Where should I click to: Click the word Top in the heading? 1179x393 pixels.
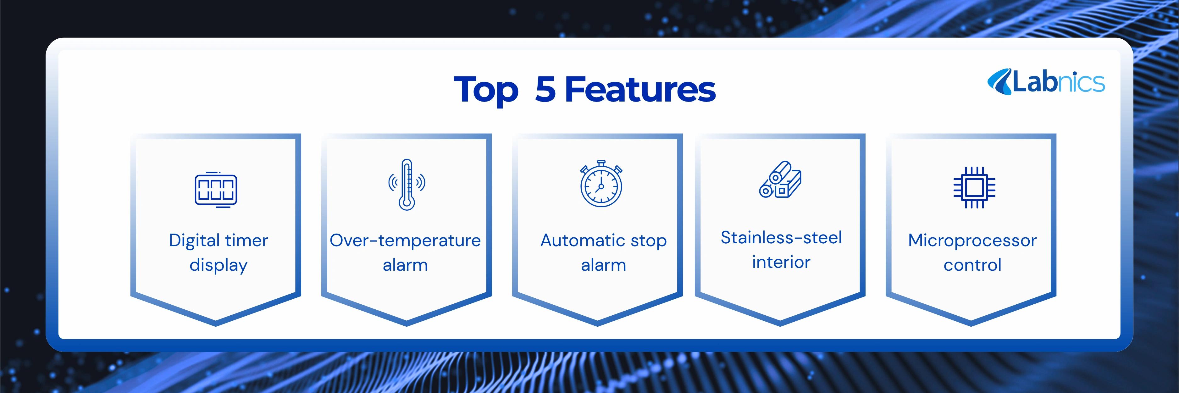[486, 91]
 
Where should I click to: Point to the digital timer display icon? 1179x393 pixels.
[216, 189]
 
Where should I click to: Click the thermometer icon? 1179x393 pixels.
[407, 184]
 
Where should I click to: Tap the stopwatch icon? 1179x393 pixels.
[601, 184]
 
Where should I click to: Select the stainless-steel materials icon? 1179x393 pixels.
[780, 179]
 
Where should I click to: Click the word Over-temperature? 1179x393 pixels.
[405, 241]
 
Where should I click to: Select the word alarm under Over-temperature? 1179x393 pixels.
[405, 265]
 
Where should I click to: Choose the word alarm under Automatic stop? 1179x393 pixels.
[603, 265]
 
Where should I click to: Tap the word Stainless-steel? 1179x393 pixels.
[781, 237]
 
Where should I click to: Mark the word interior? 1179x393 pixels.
[781, 263]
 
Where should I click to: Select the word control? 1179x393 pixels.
[972, 265]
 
